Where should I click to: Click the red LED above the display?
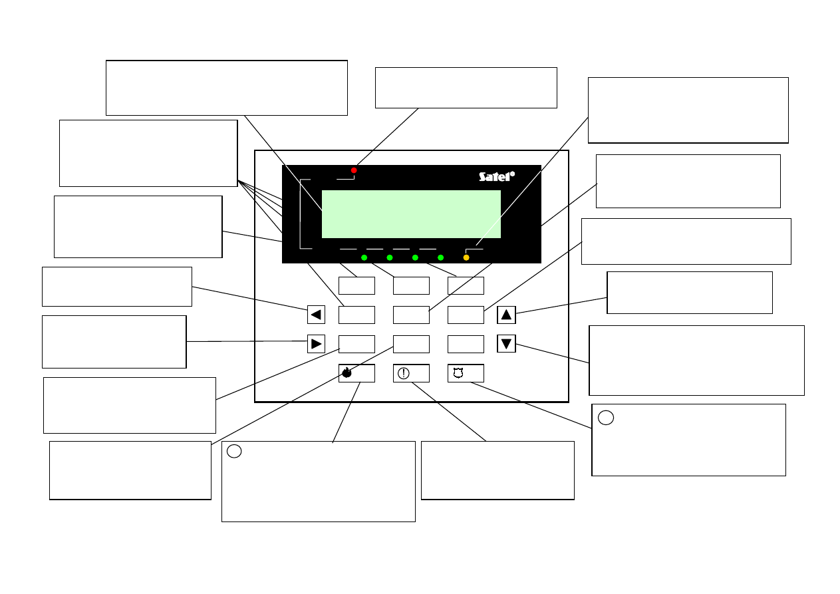354,170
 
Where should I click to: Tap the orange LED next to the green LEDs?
466,257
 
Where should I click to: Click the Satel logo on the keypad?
497,176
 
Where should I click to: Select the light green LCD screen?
411,214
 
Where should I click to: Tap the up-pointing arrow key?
506,315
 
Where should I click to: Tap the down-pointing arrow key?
506,344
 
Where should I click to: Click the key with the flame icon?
356,373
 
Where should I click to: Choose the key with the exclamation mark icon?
411,373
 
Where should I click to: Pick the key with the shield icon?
466,373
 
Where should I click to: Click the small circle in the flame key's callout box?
233,451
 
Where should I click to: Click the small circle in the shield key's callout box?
605,418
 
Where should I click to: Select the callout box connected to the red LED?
466,87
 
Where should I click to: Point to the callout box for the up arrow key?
690,292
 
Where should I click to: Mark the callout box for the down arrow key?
696,360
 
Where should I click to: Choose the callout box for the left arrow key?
117,287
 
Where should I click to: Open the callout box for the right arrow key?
114,341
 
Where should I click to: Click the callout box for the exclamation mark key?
497,470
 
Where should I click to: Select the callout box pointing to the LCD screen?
227,88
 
